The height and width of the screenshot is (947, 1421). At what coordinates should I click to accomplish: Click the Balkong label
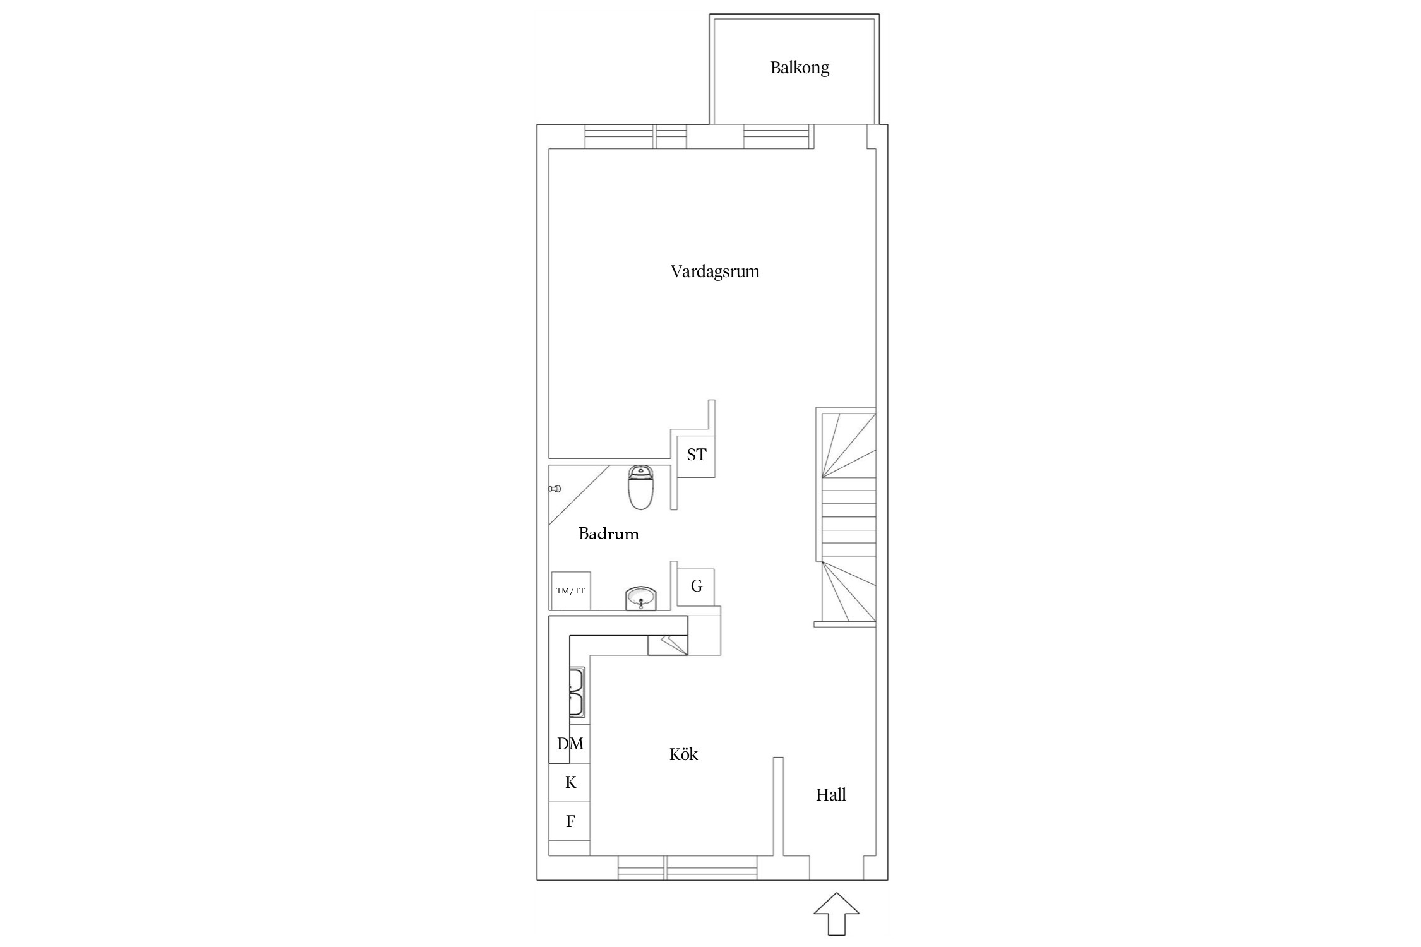point(800,68)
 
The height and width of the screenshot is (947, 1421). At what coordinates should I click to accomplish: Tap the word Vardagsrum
point(715,271)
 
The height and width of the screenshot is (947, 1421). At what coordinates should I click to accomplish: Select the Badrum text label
point(609,534)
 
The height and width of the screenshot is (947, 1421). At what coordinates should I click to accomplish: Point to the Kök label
point(683,754)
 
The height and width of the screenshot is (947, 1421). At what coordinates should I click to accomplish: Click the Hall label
point(830,795)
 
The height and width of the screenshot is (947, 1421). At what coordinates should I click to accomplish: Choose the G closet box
point(696,587)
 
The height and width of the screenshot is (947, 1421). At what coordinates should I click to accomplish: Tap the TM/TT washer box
point(571,591)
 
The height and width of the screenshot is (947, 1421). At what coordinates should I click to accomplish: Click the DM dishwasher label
point(570,744)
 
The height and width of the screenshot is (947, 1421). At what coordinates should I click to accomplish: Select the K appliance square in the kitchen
point(570,783)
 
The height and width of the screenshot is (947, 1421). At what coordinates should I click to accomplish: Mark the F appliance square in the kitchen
point(570,821)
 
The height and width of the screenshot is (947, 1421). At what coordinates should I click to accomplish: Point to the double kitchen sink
point(577,693)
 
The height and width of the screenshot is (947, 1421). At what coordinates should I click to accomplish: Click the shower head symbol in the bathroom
point(555,489)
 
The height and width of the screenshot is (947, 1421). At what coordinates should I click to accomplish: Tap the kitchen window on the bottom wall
point(687,868)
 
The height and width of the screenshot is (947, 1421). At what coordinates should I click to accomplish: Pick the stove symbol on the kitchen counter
point(668,645)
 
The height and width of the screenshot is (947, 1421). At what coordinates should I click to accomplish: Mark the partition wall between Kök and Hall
point(779,806)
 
